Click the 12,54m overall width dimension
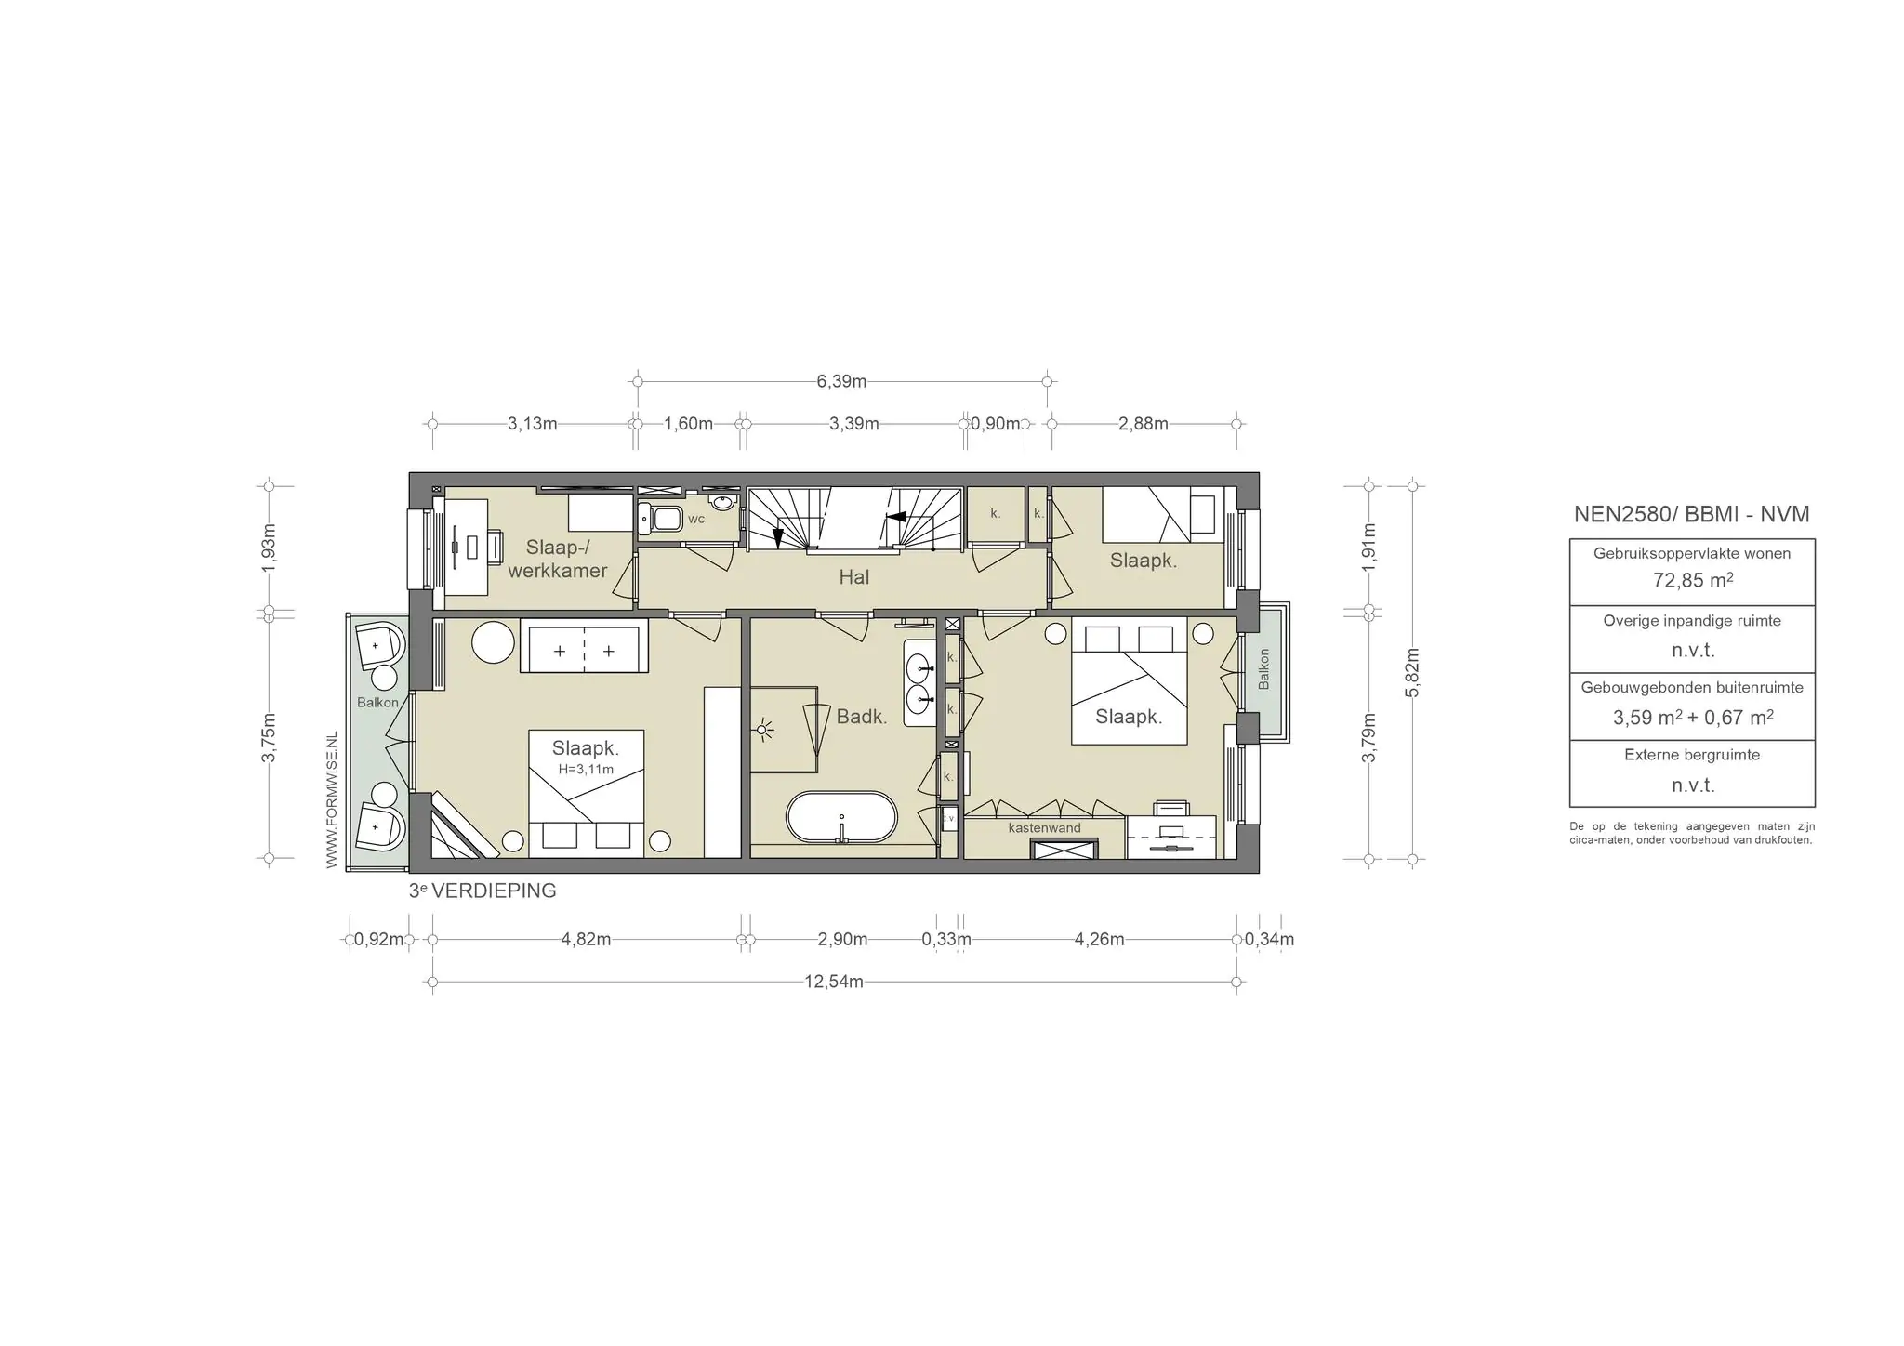(x=834, y=982)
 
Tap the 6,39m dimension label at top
(x=841, y=381)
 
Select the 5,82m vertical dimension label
(x=1413, y=672)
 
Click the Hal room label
(x=854, y=577)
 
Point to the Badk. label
(x=862, y=717)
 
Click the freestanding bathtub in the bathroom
(x=842, y=818)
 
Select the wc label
(x=696, y=519)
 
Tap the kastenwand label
(x=1045, y=827)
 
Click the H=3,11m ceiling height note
(x=586, y=769)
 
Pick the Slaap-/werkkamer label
(x=558, y=559)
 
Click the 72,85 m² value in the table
(x=1692, y=581)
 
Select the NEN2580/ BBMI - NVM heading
(x=1692, y=514)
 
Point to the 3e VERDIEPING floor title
(x=483, y=891)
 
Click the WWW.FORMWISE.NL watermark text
(x=332, y=799)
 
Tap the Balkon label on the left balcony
(x=377, y=703)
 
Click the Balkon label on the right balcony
(x=1263, y=669)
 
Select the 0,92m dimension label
(x=378, y=939)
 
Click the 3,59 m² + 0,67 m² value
(x=1692, y=718)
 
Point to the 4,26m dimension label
(x=1099, y=939)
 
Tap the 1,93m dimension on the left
(x=270, y=548)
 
